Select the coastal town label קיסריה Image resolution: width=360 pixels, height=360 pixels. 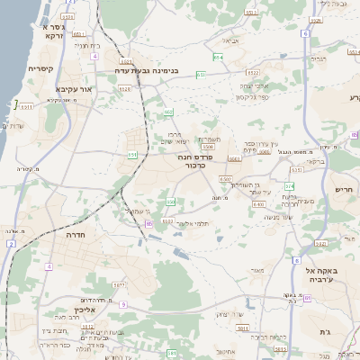[40, 68]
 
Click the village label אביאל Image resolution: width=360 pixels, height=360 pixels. [231, 40]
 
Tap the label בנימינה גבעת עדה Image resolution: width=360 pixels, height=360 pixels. [149, 69]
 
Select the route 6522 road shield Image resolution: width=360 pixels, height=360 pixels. [252, 73]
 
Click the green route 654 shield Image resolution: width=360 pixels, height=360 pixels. [217, 57]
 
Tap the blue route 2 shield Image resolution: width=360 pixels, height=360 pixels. [11, 243]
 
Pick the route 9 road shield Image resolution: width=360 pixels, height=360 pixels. [123, 306]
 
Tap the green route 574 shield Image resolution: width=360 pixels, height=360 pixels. [289, 186]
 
